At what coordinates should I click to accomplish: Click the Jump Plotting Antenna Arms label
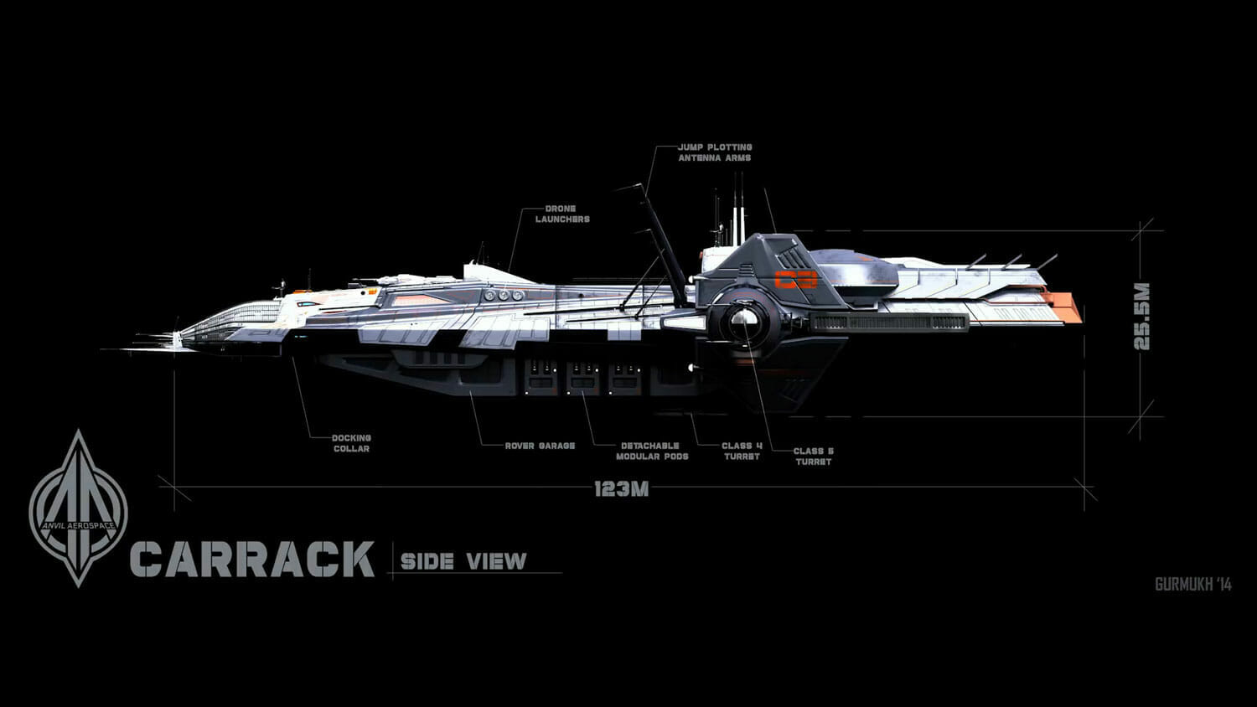[x=715, y=152]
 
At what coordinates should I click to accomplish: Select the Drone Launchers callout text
[x=562, y=214]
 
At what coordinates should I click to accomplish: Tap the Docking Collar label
[x=350, y=443]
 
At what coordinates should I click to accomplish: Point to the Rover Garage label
[x=540, y=446]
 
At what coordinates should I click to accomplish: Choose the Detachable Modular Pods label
[x=651, y=451]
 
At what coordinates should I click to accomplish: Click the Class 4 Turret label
[x=742, y=451]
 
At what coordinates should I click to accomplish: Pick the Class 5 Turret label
[x=813, y=457]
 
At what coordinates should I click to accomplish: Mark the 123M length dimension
[x=621, y=489]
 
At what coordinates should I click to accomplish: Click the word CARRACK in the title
[x=252, y=559]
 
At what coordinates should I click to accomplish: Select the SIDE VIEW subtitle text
[x=463, y=560]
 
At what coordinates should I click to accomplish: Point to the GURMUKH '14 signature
[x=1192, y=585]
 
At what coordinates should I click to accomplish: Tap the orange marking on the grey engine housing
[x=795, y=280]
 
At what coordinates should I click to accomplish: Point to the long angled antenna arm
[x=659, y=239]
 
